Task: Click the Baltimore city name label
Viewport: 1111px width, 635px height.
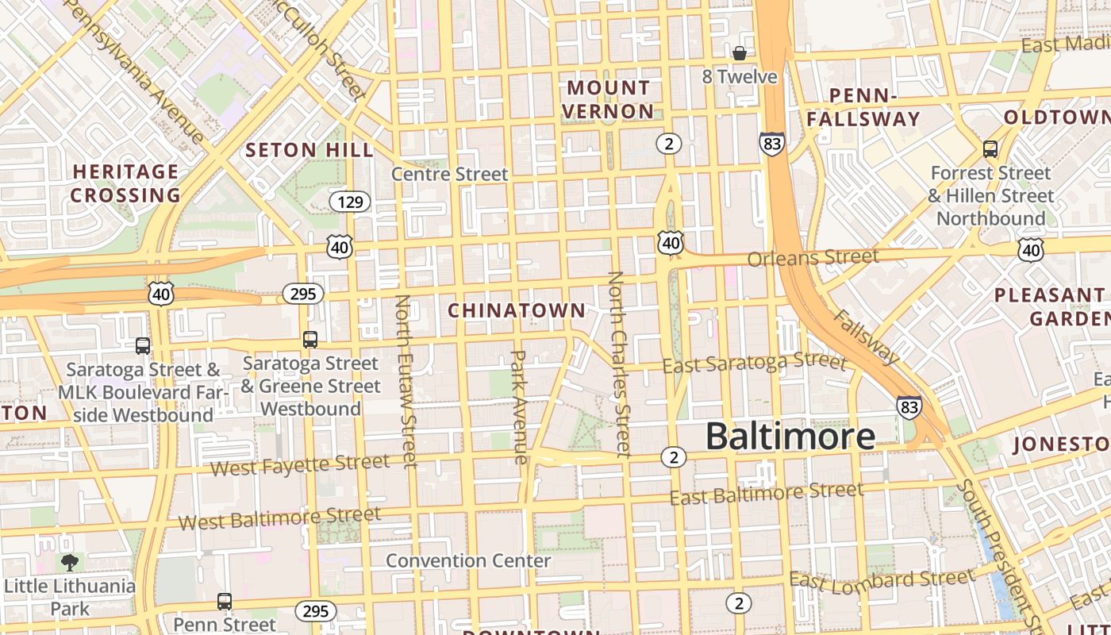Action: tap(790, 437)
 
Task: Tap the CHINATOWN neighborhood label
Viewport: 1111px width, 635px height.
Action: tap(517, 310)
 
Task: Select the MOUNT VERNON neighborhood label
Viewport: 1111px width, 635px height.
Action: tap(609, 99)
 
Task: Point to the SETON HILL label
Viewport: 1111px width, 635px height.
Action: tap(309, 150)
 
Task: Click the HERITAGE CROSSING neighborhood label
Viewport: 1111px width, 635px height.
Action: tap(125, 183)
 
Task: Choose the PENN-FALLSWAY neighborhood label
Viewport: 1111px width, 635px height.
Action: tap(863, 108)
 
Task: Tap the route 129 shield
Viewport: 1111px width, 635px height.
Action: tap(350, 202)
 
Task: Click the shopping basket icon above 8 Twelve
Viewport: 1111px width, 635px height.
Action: tap(740, 53)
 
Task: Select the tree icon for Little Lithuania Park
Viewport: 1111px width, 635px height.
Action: tap(70, 563)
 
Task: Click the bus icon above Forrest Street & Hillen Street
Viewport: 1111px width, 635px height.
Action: tap(990, 148)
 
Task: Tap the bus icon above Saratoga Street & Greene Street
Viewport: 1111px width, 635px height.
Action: tap(310, 340)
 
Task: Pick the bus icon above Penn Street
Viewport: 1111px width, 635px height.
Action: tap(225, 601)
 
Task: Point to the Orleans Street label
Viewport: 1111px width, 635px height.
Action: tap(813, 258)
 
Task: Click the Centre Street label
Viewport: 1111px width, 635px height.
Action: tap(449, 174)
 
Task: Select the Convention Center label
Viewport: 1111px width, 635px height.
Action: tap(468, 560)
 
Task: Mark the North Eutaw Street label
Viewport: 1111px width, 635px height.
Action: tap(406, 381)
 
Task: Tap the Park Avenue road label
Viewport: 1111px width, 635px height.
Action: tap(519, 407)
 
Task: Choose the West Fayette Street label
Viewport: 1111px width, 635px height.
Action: tap(300, 464)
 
